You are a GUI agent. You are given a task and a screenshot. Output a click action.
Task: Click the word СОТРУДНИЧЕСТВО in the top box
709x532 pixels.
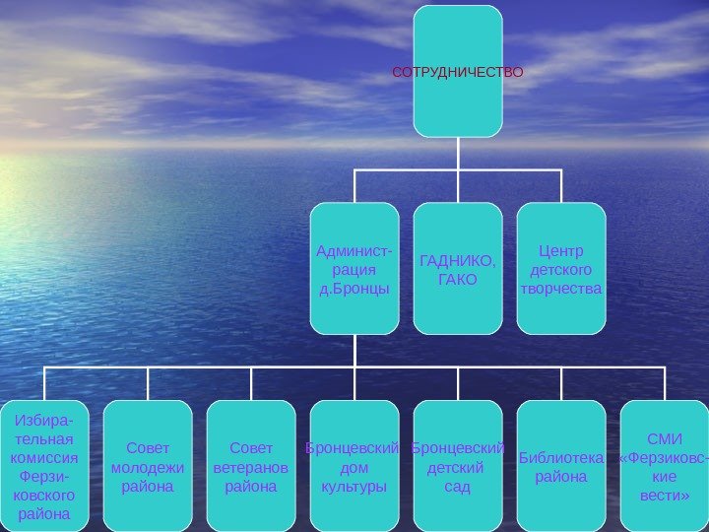point(458,73)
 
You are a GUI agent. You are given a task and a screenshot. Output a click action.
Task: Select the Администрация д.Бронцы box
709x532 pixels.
point(354,268)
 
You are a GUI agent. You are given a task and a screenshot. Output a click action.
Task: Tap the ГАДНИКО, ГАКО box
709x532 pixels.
point(458,268)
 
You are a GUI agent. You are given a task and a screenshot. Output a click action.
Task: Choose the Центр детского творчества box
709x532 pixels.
point(561,268)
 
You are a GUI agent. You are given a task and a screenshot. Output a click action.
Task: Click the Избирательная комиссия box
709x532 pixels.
point(44,466)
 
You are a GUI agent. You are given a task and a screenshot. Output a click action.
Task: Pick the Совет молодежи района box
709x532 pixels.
point(148,466)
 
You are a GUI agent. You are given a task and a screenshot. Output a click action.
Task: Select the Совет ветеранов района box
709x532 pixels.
point(251,466)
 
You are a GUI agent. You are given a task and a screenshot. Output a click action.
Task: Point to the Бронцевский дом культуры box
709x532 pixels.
point(354,466)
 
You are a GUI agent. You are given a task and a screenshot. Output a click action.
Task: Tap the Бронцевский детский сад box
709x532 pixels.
point(458,466)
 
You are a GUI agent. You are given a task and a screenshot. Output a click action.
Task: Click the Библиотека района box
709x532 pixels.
point(561,466)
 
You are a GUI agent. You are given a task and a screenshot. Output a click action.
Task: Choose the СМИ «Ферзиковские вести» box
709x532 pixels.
point(665,466)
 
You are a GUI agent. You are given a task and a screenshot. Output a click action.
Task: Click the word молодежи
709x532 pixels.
point(148,467)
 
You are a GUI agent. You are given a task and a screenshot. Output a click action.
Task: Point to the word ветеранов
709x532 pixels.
point(251,467)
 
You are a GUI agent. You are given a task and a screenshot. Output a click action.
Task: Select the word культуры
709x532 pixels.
point(354,486)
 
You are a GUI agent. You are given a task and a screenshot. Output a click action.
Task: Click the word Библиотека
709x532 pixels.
point(561,457)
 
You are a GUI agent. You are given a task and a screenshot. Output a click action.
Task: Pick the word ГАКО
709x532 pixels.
point(458,279)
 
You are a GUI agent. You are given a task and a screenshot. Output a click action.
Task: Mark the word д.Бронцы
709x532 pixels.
point(354,288)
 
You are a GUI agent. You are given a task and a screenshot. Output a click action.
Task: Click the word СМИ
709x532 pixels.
point(665,438)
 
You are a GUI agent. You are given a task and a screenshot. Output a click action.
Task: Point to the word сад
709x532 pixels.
point(458,486)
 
